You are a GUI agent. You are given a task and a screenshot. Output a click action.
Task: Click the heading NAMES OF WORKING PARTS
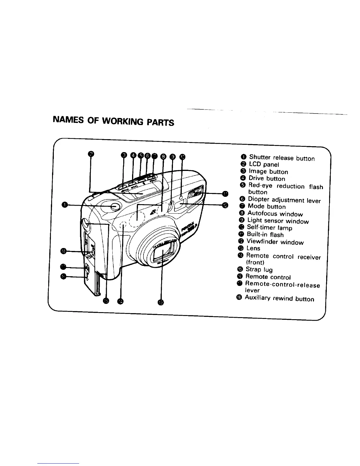pyautogui.click(x=113, y=121)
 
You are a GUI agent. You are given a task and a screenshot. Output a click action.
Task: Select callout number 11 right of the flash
pyautogui.click(x=225, y=194)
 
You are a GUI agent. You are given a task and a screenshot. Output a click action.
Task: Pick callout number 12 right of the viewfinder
pyautogui.click(x=225, y=205)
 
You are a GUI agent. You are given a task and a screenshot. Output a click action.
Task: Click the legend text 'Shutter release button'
pyautogui.click(x=282, y=158)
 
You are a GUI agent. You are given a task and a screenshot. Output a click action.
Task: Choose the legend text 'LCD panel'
pyautogui.click(x=264, y=165)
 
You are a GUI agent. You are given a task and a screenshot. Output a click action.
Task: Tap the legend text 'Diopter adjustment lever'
pyautogui.click(x=284, y=200)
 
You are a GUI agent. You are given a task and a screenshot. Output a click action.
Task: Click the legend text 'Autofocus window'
pyautogui.click(x=275, y=214)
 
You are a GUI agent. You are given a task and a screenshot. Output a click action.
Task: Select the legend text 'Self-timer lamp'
pyautogui.click(x=269, y=228)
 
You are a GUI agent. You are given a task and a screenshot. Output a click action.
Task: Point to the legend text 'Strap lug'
pyautogui.click(x=259, y=270)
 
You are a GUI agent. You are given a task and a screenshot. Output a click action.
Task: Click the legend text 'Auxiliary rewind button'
pyautogui.click(x=279, y=299)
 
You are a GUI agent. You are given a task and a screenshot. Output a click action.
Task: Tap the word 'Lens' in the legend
pyautogui.click(x=253, y=249)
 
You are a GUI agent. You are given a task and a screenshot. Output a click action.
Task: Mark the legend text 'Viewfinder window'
pyautogui.click(x=275, y=242)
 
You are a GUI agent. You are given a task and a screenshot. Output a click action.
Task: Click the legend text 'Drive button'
pyautogui.click(x=267, y=179)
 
